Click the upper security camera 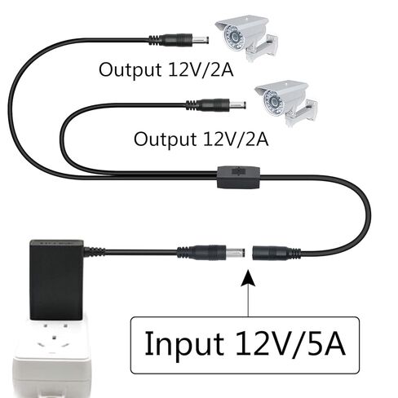(x=246, y=38)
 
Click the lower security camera (x=285, y=103)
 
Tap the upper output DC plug (x=179, y=40)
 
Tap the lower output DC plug (x=216, y=105)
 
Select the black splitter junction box (x=238, y=177)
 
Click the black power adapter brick (x=56, y=280)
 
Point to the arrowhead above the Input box (x=248, y=278)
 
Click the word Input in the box (x=184, y=344)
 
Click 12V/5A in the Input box (x=290, y=343)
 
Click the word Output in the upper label (x=130, y=69)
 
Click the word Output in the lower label (x=165, y=139)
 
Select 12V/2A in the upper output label (x=201, y=69)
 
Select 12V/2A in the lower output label (x=236, y=139)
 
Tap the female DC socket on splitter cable (x=276, y=253)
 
